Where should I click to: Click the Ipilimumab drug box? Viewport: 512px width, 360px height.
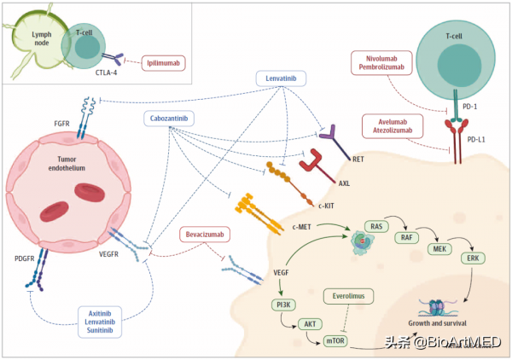161,62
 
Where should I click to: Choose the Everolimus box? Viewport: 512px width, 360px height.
350,295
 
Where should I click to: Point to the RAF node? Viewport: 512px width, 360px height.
408,239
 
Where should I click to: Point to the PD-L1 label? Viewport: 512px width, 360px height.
479,137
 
